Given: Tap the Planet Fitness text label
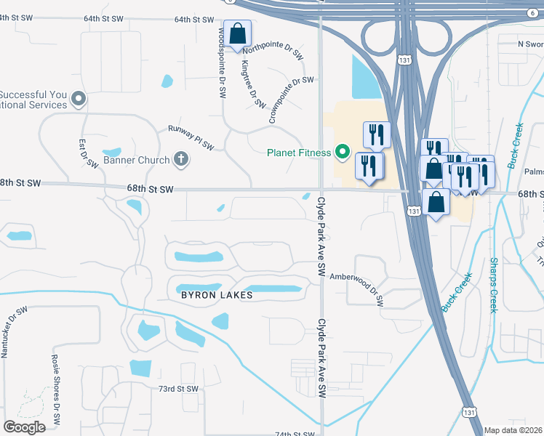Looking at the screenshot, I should tap(300, 153).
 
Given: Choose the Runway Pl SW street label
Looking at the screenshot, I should tap(191, 137).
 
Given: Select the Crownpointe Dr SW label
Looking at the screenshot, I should tap(291, 100).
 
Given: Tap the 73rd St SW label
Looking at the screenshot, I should tap(179, 389).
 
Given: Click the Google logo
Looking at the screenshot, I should tap(25, 427).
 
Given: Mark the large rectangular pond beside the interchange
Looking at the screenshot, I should tap(366, 76).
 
